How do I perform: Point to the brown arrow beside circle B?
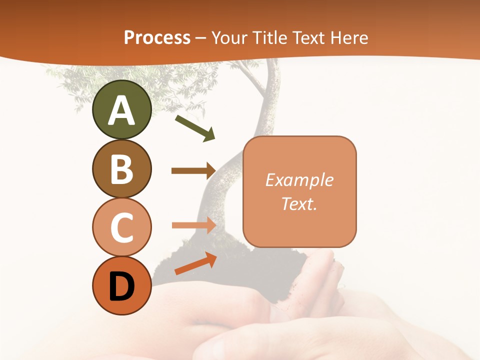(x=193, y=170)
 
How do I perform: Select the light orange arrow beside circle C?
(x=193, y=225)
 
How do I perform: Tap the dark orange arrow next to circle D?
(x=195, y=263)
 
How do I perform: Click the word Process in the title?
(x=157, y=37)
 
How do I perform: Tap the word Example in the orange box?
(x=299, y=180)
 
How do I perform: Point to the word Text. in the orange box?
(x=299, y=203)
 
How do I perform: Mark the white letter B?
(x=121, y=169)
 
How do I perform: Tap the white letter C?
(x=121, y=227)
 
